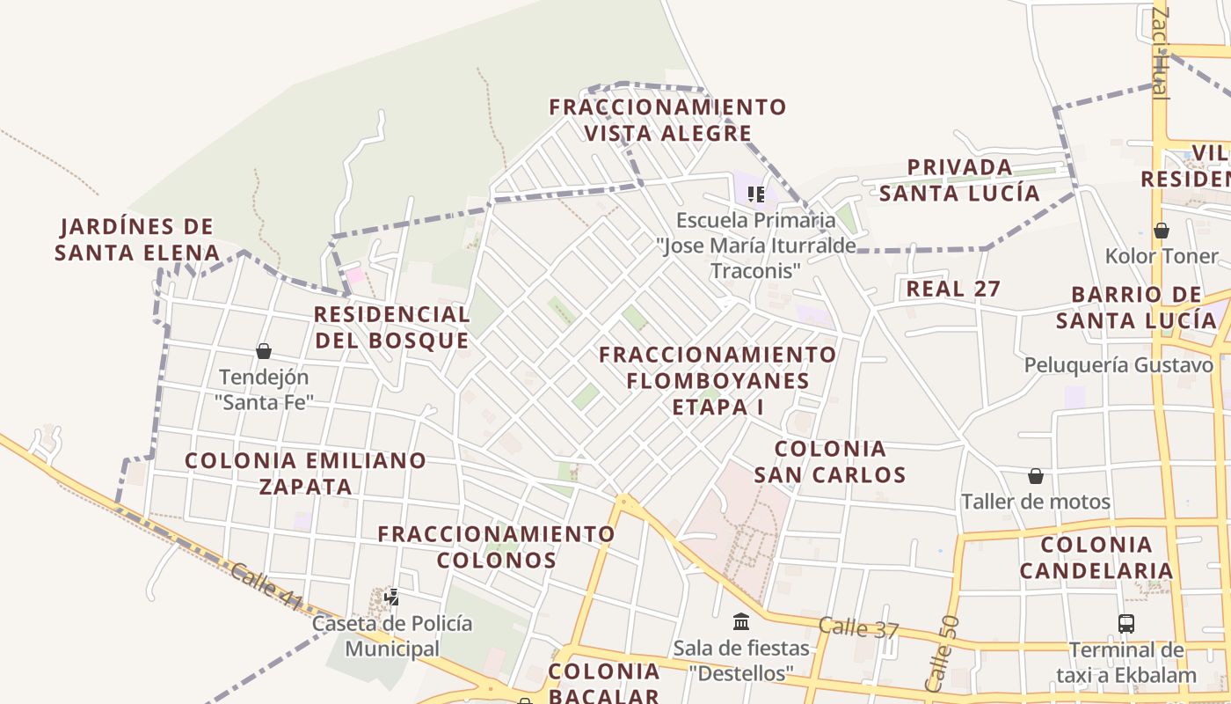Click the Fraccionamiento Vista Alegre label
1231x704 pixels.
pyautogui.click(x=667, y=121)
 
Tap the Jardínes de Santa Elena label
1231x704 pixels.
pyautogui.click(x=137, y=240)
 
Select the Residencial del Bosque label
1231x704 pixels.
pyautogui.click(x=392, y=327)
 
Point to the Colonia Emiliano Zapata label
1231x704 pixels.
pyautogui.click(x=305, y=473)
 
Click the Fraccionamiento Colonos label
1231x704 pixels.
pyautogui.click(x=496, y=546)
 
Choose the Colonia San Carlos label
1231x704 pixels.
pyautogui.click(x=830, y=462)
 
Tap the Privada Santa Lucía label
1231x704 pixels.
pyautogui.click(x=959, y=180)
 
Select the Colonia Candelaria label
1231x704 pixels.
pyautogui.click(x=1096, y=557)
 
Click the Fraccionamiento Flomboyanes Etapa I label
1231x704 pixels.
pyautogui.click(x=717, y=380)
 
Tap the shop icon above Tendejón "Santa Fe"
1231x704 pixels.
pyautogui.click(x=264, y=351)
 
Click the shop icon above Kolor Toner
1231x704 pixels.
pyautogui.click(x=1162, y=231)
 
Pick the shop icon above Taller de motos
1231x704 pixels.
pyautogui.click(x=1036, y=476)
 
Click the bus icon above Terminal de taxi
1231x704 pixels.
pyautogui.click(x=1126, y=624)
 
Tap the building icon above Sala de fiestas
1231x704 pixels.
pyautogui.click(x=741, y=622)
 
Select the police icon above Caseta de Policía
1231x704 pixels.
pyautogui.click(x=392, y=597)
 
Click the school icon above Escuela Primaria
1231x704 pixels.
pyautogui.click(x=755, y=194)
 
